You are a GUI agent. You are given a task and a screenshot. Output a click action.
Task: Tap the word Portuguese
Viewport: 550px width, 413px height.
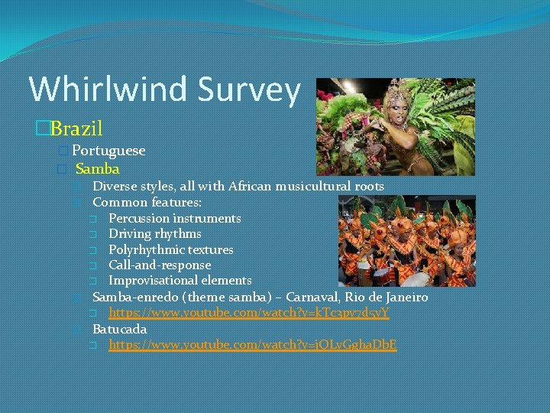(x=108, y=151)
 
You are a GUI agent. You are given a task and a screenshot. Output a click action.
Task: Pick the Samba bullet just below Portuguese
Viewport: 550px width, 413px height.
(x=98, y=168)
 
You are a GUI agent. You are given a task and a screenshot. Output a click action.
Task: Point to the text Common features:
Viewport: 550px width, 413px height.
(x=147, y=203)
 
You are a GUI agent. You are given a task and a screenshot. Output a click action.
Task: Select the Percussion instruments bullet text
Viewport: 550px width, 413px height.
(x=174, y=218)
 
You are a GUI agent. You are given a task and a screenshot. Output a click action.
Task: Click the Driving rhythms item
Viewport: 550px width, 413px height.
(x=154, y=233)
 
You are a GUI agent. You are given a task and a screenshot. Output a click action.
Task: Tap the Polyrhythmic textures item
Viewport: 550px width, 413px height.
(x=170, y=249)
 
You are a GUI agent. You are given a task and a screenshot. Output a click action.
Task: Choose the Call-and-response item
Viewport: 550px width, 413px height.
(x=160, y=265)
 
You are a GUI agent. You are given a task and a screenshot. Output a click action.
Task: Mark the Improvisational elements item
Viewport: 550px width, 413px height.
(x=180, y=280)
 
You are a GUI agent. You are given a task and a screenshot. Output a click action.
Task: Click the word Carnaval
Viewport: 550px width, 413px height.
(x=315, y=297)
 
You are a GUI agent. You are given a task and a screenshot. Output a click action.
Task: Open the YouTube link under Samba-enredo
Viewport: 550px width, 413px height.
(x=249, y=313)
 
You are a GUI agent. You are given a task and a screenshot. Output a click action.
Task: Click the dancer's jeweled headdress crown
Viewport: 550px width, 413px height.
(x=395, y=93)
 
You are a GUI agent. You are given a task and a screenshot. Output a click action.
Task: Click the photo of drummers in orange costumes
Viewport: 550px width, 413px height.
(x=406, y=241)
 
